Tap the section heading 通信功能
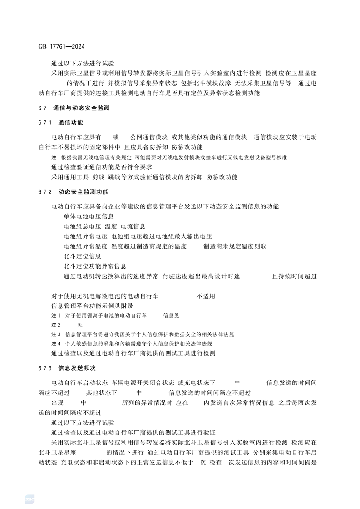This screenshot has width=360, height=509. (70, 122)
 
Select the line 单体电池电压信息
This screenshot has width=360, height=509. (89, 216)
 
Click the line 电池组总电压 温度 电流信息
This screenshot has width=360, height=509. (104, 226)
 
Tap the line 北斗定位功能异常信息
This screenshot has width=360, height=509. (95, 266)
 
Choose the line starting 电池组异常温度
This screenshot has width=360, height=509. (164, 246)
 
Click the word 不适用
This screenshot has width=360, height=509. (206, 296)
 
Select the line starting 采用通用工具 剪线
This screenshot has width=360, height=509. (144, 176)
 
